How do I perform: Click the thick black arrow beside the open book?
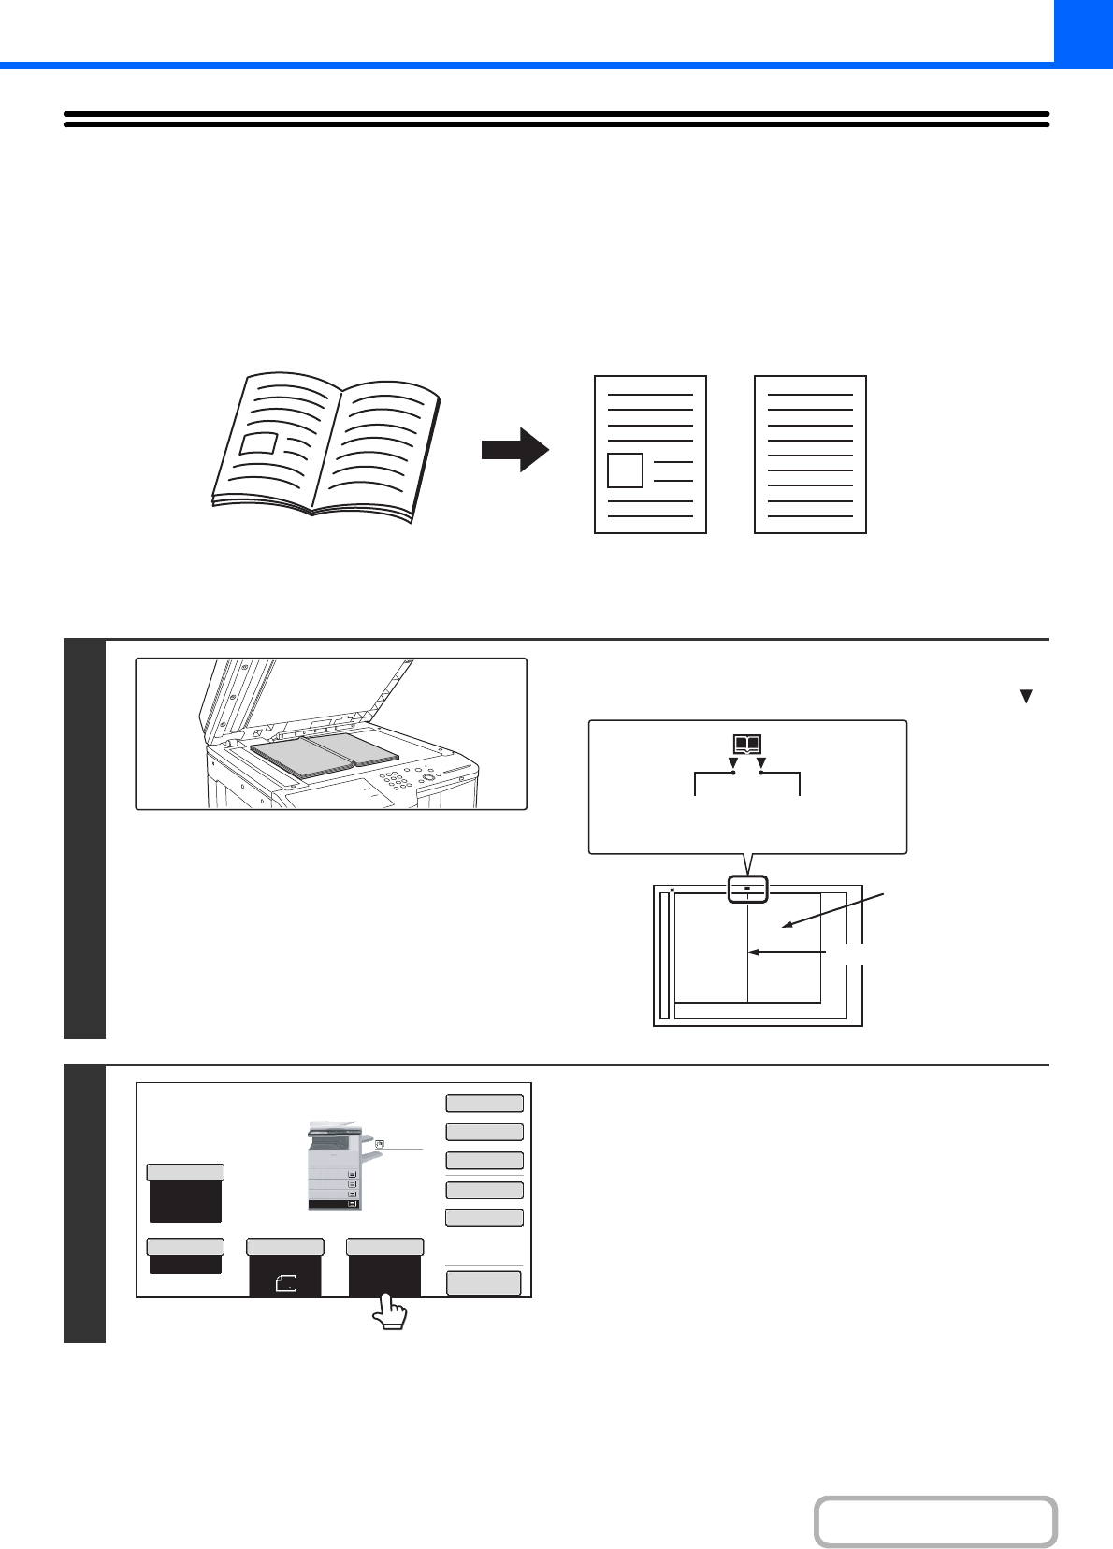tap(514, 450)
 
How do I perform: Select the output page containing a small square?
tap(650, 455)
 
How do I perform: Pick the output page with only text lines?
tap(810, 455)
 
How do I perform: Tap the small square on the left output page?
tap(625, 470)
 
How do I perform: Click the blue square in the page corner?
tap(1083, 31)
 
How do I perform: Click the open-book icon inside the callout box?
tap(747, 746)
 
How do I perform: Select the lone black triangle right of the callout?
tap(1026, 697)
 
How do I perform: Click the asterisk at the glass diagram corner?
tap(672, 890)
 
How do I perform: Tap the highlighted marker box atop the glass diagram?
tap(747, 889)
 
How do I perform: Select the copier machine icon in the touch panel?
tap(334, 1165)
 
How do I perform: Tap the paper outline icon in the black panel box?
tap(285, 1284)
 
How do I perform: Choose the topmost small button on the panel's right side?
tap(484, 1103)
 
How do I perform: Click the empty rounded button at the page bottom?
tap(935, 1522)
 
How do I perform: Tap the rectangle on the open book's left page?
tap(258, 442)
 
